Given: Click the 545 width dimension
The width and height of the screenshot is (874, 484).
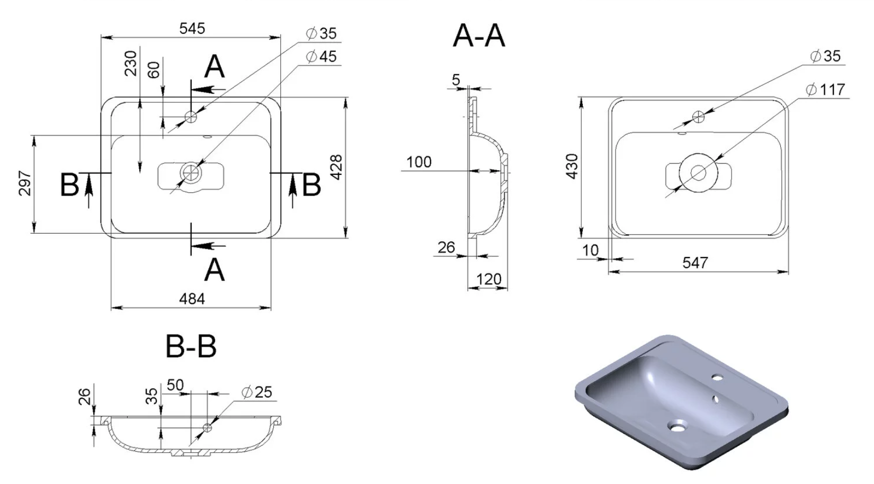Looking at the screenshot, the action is pos(192,29).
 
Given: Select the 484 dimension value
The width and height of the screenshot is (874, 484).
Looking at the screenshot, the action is pos(192,299).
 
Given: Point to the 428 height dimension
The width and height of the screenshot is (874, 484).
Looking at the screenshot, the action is pos(336,167).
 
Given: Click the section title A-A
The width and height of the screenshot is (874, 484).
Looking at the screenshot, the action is pos(479,36).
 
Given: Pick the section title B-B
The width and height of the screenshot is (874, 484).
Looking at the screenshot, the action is pos(191,346).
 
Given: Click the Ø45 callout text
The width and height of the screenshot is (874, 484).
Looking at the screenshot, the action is pos(322,57).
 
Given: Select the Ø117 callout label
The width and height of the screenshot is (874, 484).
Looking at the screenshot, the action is pos(826,90).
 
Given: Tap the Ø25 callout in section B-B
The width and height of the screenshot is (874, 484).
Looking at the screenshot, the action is pos(257,392).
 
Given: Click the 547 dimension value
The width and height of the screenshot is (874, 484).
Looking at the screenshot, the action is pos(695,263).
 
